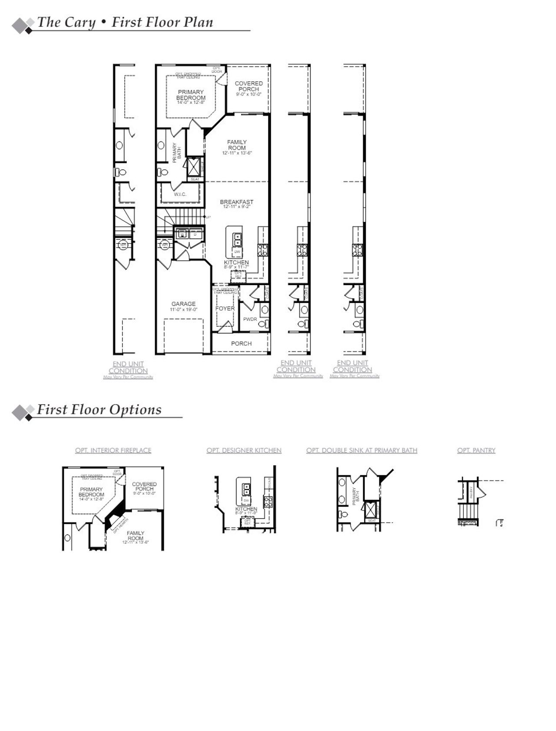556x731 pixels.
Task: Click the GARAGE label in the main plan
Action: pos(183,304)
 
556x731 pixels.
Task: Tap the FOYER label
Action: pos(225,308)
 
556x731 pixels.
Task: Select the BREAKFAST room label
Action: pos(236,202)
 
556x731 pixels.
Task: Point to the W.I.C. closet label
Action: pos(180,194)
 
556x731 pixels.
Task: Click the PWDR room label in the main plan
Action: pos(250,319)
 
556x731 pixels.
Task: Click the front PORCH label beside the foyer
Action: pos(241,344)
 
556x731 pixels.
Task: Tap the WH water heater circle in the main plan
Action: pos(165,245)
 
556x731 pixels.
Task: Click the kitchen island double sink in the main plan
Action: pos(238,239)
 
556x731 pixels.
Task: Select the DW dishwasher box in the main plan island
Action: pos(237,251)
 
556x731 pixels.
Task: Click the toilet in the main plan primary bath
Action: pos(163,172)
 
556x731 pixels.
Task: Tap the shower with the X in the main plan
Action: pos(192,165)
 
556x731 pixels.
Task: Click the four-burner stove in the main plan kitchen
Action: pos(263,250)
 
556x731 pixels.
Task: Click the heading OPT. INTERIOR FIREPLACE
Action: pos(113,451)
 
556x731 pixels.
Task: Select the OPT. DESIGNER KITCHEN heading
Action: pos(244,451)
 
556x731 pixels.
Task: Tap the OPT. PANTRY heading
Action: pos(476,451)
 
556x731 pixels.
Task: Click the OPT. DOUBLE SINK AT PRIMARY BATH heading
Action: pos(361,451)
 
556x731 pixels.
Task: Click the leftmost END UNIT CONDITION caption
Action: pos(128,367)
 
